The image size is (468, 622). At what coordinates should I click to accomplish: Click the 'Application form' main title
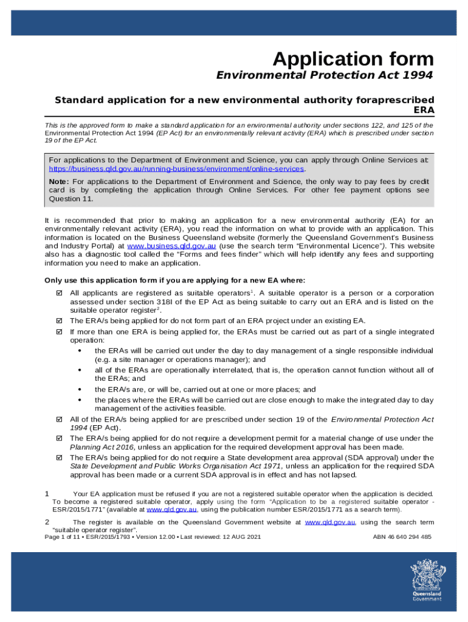353,59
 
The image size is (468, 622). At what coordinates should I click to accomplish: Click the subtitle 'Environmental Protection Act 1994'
325,75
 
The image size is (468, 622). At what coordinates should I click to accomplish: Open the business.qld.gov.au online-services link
176,169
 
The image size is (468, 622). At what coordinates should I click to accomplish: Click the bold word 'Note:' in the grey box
59,182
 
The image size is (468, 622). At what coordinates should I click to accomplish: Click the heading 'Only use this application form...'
174,280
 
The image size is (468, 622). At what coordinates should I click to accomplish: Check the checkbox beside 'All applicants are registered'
60,293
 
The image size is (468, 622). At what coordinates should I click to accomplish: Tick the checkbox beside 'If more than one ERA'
60,332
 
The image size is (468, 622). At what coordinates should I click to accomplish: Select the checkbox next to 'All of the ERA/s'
60,419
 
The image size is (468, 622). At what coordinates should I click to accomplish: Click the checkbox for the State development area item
60,457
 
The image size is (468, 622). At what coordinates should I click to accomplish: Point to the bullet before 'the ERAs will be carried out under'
80,351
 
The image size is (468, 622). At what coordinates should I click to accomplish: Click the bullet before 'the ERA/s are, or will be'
80,389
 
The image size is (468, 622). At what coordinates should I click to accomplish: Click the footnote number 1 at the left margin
47,494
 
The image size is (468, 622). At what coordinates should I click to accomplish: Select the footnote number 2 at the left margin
47,522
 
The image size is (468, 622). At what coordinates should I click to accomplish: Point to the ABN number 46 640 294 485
402,537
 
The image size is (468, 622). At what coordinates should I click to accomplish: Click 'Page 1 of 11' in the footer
63,537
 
